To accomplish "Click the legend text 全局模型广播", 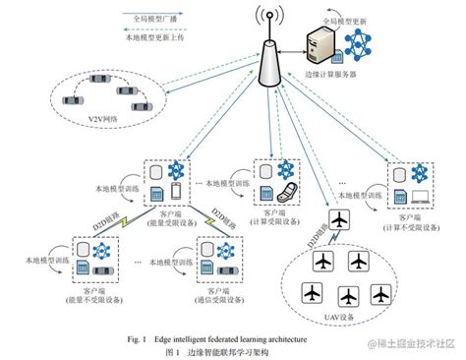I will pyautogui.click(x=156, y=17).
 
